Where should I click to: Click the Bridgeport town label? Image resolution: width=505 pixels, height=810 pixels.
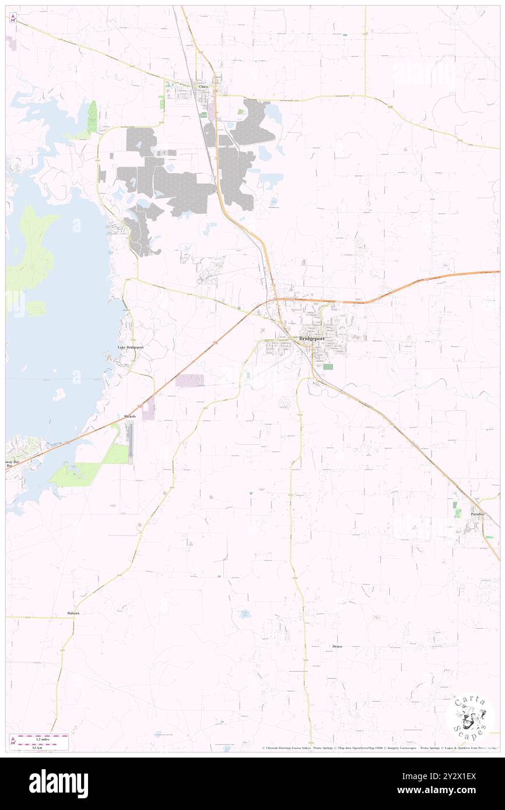(311, 339)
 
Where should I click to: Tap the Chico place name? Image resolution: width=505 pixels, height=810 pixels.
(203, 87)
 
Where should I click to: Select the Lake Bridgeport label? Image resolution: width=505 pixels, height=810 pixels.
(130, 347)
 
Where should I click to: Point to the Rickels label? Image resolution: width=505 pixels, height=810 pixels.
(130, 416)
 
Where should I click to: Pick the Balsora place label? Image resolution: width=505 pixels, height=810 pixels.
(73, 614)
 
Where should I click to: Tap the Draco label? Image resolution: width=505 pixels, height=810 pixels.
(337, 647)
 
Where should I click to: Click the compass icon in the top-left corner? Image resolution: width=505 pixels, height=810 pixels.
(13, 17)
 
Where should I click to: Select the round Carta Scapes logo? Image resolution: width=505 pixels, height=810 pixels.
(470, 717)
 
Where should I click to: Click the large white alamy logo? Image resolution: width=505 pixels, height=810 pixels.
(58, 783)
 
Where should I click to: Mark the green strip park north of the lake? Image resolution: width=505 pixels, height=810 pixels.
(92, 116)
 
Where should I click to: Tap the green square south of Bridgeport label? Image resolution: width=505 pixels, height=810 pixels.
(328, 367)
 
